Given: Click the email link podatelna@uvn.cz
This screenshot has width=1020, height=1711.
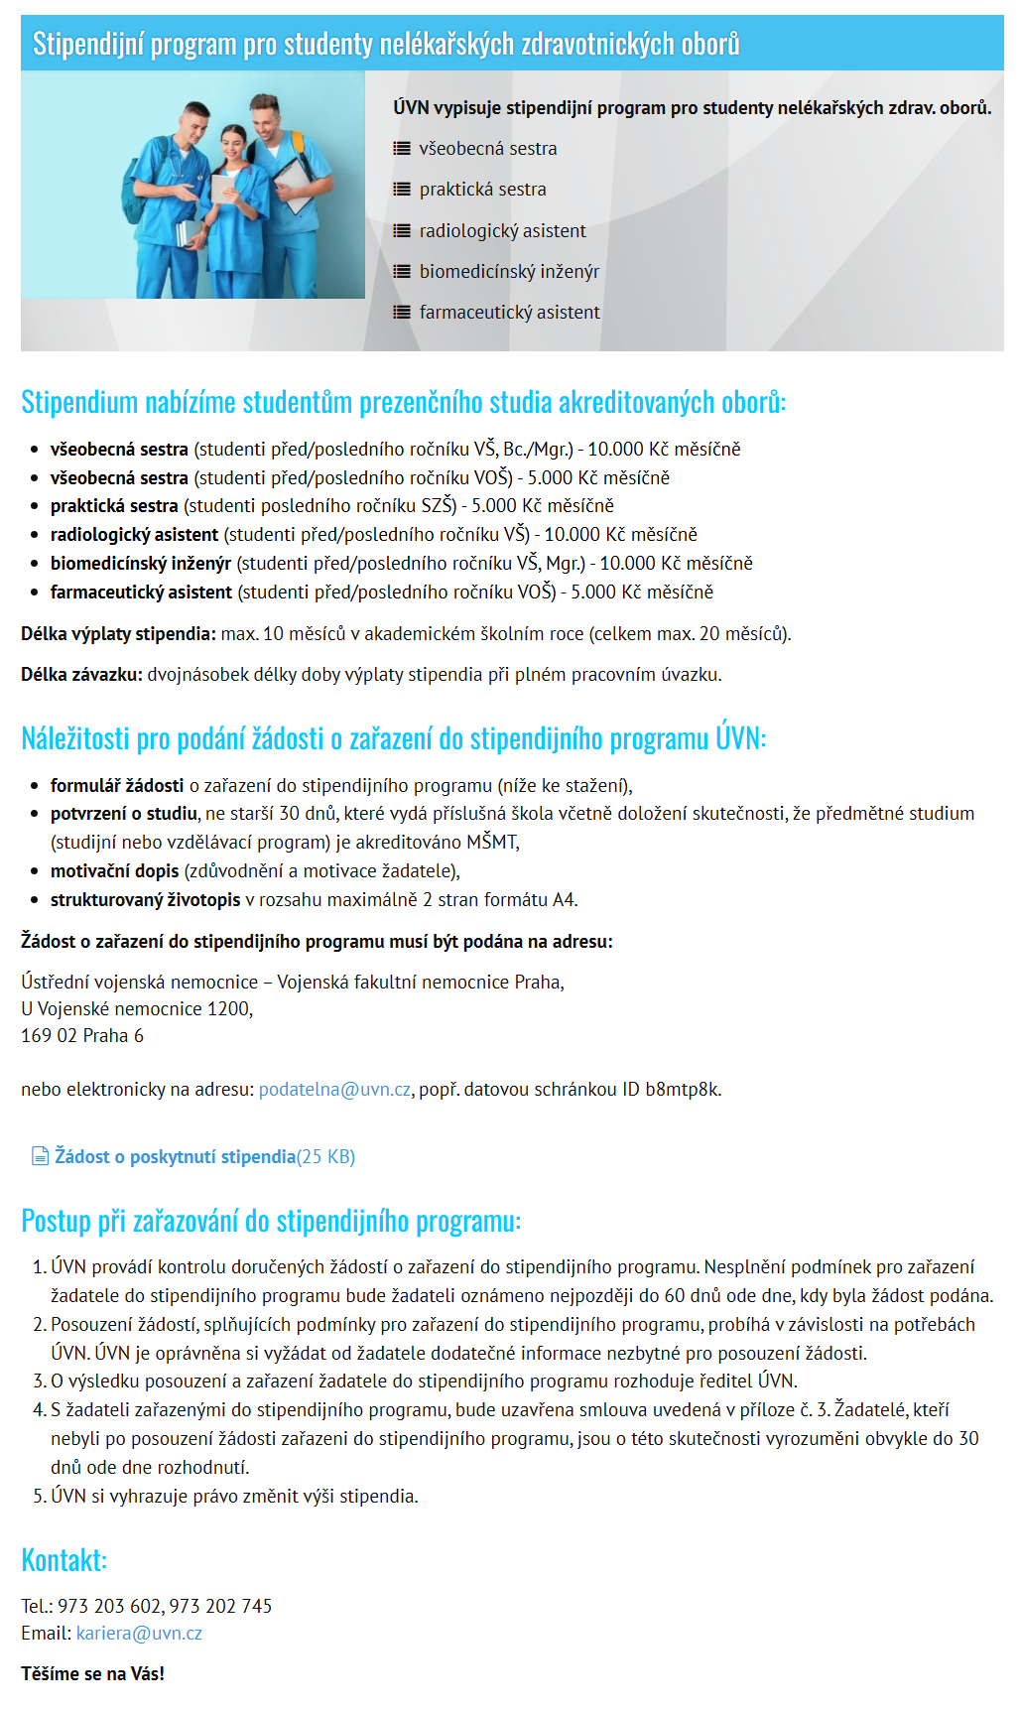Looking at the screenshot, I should click(334, 1090).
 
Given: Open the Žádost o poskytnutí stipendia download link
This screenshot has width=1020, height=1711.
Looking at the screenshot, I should click(176, 1156).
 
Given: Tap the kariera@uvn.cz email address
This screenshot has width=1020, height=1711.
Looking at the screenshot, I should click(139, 1633).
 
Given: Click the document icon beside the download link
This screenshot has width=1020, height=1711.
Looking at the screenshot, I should click(40, 1156).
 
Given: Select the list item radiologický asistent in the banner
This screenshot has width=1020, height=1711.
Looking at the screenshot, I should click(502, 230).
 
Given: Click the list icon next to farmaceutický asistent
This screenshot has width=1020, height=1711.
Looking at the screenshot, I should click(401, 312).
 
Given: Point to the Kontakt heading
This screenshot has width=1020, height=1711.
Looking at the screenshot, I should click(64, 1559).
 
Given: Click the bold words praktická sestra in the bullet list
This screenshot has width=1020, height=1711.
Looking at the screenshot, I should click(114, 506).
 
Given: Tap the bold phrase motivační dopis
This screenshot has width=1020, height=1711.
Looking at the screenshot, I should click(115, 871).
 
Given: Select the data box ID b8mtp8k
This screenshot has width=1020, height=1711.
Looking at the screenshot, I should click(683, 1090).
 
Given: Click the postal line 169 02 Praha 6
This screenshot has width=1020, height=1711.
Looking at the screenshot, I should click(82, 1035).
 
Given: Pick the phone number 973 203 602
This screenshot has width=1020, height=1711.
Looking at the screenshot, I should click(109, 1606).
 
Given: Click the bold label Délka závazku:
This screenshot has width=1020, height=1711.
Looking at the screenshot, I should click(82, 675).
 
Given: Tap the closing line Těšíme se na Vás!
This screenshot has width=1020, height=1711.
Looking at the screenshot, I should click(92, 1673).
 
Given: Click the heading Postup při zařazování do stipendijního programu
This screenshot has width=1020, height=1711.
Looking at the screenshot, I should click(270, 1221).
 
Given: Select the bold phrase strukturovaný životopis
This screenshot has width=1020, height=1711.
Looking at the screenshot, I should click(145, 900).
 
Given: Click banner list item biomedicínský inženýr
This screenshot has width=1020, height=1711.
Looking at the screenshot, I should click(509, 271).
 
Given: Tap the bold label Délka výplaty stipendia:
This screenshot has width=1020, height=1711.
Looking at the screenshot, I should click(118, 634).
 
